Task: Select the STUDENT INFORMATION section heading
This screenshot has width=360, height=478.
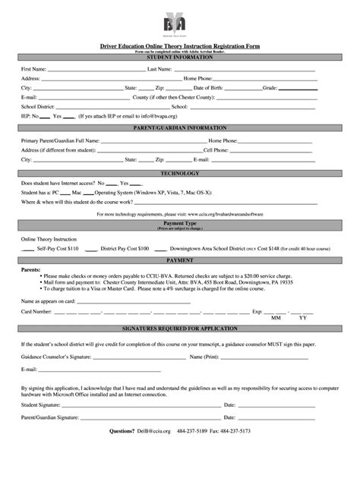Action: click(x=179, y=57)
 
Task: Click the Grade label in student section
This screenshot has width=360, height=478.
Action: click(x=271, y=88)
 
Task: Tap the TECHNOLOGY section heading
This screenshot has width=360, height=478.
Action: click(x=179, y=174)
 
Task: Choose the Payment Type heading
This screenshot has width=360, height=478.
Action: click(x=179, y=224)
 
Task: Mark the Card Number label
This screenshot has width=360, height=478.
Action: click(x=36, y=311)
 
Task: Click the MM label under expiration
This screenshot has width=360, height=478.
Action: click(x=276, y=319)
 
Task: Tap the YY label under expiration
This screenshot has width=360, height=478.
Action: click(x=303, y=319)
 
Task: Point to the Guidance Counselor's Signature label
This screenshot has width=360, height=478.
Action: click(x=56, y=357)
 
